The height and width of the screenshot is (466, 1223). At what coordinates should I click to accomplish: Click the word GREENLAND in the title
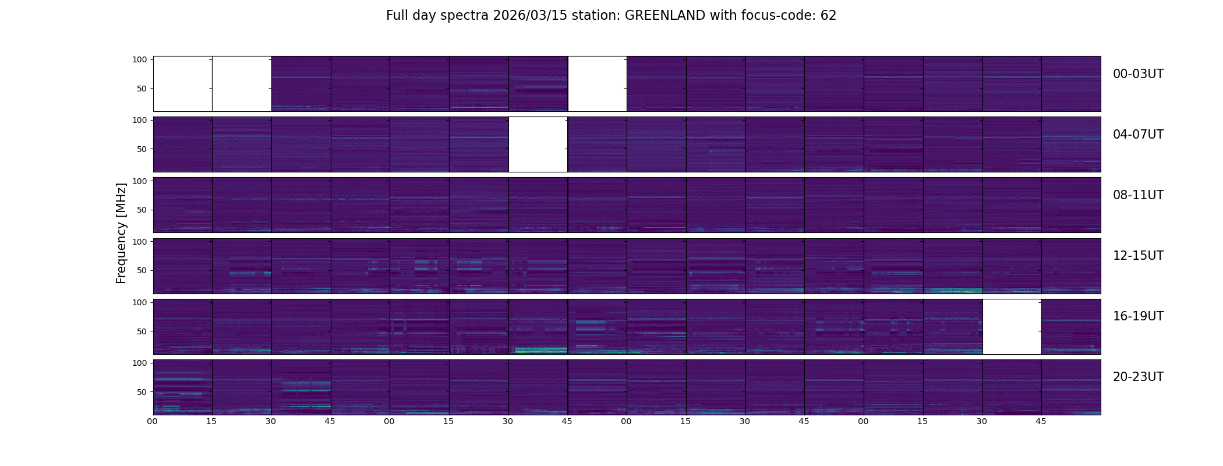(664, 16)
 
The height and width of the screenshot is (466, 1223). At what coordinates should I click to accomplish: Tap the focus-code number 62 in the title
(828, 16)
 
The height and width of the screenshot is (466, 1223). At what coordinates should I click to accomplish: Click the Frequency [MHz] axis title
(121, 234)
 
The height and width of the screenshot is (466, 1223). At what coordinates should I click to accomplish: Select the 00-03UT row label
(1138, 74)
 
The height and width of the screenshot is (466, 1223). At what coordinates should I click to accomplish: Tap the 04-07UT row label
(1138, 135)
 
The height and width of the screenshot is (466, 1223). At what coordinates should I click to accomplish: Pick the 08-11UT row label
(1138, 195)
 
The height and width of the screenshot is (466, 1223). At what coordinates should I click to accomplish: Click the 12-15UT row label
(1138, 256)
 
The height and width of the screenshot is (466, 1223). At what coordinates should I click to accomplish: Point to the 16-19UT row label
(1138, 316)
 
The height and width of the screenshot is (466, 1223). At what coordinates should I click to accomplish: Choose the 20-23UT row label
(1138, 377)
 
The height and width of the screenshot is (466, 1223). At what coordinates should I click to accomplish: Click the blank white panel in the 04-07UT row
(538, 144)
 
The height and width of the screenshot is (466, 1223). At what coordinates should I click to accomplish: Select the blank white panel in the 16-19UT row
(1012, 327)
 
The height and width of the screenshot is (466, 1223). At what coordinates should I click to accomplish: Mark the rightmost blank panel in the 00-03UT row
(598, 84)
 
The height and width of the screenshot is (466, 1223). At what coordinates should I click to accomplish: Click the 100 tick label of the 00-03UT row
(139, 59)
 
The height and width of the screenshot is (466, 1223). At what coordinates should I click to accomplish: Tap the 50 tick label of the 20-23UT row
(142, 392)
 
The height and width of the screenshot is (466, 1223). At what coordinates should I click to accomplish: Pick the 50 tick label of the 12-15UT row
(142, 271)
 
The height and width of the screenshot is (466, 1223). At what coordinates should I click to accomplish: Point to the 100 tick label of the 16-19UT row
(139, 302)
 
